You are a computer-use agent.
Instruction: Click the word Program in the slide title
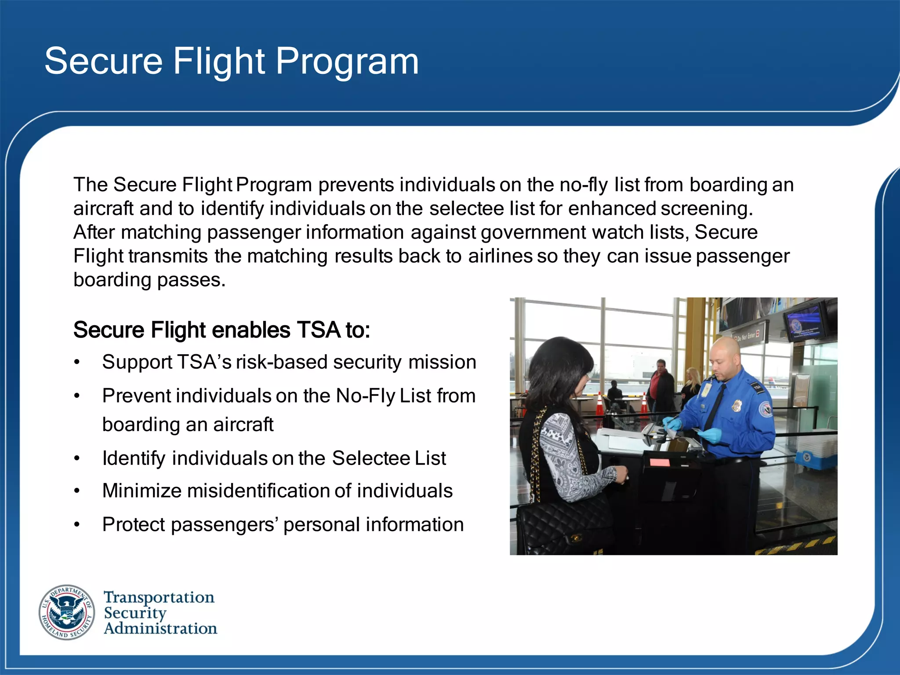(x=347, y=62)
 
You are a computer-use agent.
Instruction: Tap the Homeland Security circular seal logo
(x=67, y=612)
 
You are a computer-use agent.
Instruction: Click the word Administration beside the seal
(x=160, y=628)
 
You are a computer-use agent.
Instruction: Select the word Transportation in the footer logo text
(x=159, y=597)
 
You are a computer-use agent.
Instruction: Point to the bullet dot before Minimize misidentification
(x=77, y=491)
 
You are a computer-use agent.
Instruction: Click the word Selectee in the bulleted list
(x=370, y=458)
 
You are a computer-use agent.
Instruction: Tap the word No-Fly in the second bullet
(x=366, y=396)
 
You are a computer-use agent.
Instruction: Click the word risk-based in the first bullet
(x=281, y=363)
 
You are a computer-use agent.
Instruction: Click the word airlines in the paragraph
(x=500, y=256)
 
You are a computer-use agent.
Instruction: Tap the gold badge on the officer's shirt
(x=737, y=406)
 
